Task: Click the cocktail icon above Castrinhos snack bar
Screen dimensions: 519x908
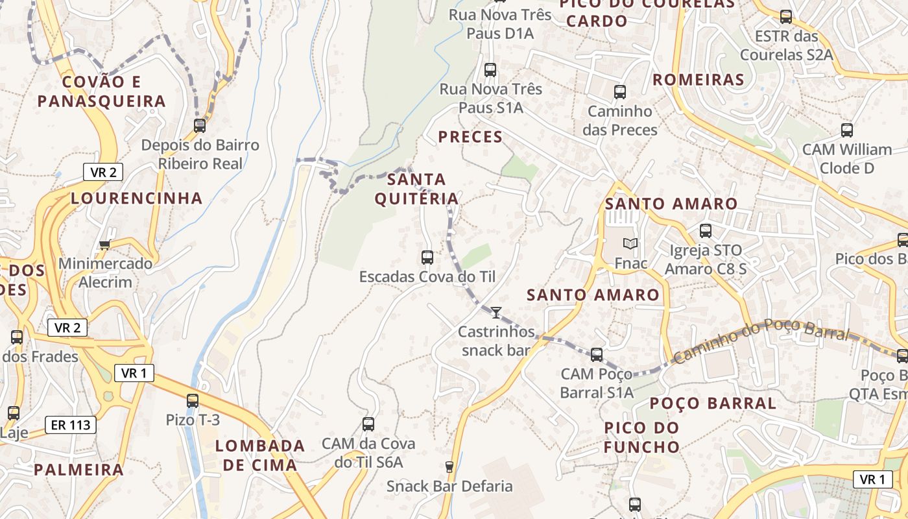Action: click(x=496, y=313)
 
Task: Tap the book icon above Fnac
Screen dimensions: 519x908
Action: click(x=630, y=244)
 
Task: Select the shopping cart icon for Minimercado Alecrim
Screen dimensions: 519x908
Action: click(x=104, y=245)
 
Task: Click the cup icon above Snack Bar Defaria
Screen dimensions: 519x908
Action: click(x=449, y=466)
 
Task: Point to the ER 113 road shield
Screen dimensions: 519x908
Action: click(x=71, y=425)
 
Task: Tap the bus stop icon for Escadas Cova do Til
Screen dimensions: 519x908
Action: click(x=427, y=257)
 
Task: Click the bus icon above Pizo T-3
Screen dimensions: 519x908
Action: click(x=193, y=400)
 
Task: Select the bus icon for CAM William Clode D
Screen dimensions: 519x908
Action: click(x=847, y=130)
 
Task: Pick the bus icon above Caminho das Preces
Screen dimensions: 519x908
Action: click(x=620, y=91)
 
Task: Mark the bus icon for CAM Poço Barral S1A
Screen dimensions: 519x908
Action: click(x=597, y=354)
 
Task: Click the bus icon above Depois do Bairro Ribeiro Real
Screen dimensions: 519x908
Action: click(x=200, y=125)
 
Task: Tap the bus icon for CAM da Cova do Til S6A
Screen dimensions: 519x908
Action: click(x=368, y=424)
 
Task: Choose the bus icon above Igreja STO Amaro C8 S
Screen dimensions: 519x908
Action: click(x=706, y=230)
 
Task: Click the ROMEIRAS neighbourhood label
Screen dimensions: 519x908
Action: click(x=699, y=80)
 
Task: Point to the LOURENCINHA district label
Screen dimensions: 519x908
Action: click(x=137, y=198)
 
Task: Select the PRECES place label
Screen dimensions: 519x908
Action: click(x=470, y=136)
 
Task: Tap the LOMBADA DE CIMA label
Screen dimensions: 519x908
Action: click(x=260, y=455)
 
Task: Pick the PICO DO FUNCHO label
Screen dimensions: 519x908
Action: click(x=641, y=437)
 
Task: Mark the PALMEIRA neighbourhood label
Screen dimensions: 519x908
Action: click(x=78, y=469)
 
